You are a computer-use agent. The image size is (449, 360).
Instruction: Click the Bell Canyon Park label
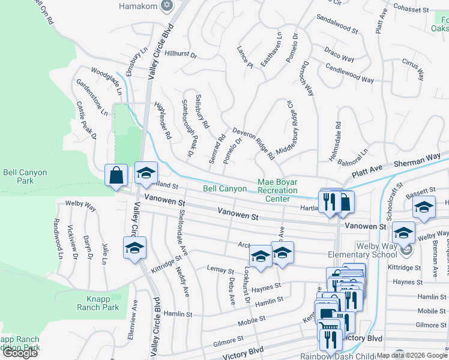tap(25, 176)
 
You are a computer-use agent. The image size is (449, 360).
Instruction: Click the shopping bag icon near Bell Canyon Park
tap(116, 176)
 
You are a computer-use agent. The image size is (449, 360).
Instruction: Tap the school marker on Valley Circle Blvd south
tap(135, 247)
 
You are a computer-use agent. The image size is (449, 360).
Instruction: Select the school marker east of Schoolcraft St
tap(424, 207)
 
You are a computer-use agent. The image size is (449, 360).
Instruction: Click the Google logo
tap(20, 353)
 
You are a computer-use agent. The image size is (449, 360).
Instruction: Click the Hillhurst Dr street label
tap(181, 54)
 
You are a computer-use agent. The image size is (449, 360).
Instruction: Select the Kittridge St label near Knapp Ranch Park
tap(166, 263)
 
